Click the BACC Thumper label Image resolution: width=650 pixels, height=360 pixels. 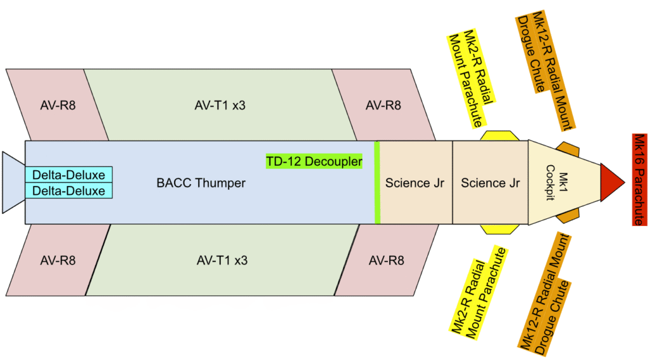click(x=201, y=183)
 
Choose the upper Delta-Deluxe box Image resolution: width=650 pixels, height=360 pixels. click(x=69, y=175)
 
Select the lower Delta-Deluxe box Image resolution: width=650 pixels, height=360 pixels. click(x=69, y=190)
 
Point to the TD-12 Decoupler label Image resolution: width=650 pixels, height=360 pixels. click(x=314, y=161)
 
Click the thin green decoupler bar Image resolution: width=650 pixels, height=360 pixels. click(x=377, y=183)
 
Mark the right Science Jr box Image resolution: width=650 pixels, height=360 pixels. click(x=490, y=183)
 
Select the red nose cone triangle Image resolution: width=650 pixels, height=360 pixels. click(x=612, y=174)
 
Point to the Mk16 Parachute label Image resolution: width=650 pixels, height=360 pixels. click(x=639, y=179)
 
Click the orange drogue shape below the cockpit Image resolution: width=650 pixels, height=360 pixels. click(x=567, y=217)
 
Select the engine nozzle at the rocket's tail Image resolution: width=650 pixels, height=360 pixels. click(x=13, y=182)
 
